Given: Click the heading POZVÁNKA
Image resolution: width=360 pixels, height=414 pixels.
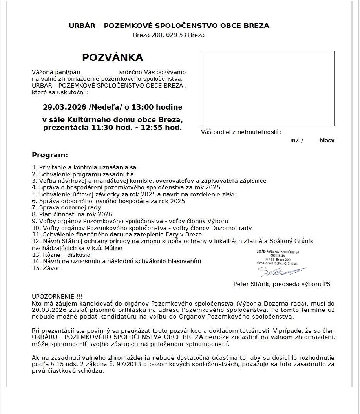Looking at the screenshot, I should click(112, 58).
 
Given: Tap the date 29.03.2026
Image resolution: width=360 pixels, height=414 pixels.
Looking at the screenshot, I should click(64, 107).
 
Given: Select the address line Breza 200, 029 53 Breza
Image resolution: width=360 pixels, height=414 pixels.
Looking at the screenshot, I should click(168, 35).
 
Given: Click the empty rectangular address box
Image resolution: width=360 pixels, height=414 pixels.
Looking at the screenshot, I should click(267, 88).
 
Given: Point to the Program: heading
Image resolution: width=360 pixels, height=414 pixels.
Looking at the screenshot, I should click(50, 155).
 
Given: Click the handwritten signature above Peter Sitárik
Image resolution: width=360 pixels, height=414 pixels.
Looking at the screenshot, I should click(281, 271).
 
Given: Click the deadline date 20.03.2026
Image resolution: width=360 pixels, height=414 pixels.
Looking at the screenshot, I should click(46, 310).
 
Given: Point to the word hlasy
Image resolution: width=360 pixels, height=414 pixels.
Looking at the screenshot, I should click(327, 141).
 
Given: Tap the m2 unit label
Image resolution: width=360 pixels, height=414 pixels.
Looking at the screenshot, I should click(294, 141).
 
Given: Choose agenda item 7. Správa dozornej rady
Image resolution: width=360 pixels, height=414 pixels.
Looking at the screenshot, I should click(66, 207).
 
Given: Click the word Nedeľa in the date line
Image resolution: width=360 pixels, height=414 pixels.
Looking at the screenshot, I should click(106, 107).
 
